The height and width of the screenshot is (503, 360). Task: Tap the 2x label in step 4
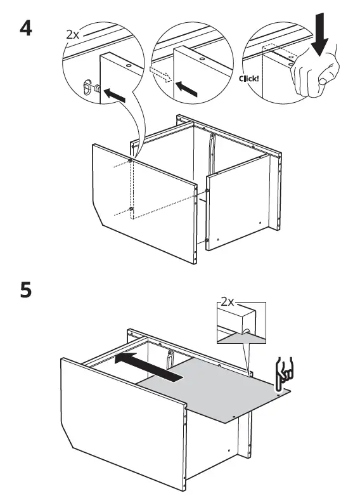pyautogui.click(x=72, y=34)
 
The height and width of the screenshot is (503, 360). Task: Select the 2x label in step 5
pyautogui.click(x=228, y=303)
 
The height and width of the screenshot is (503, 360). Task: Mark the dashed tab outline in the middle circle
pyautogui.click(x=159, y=73)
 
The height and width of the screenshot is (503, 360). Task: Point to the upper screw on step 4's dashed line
pyautogui.click(x=131, y=161)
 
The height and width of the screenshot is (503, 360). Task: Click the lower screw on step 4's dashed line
pyautogui.click(x=131, y=209)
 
